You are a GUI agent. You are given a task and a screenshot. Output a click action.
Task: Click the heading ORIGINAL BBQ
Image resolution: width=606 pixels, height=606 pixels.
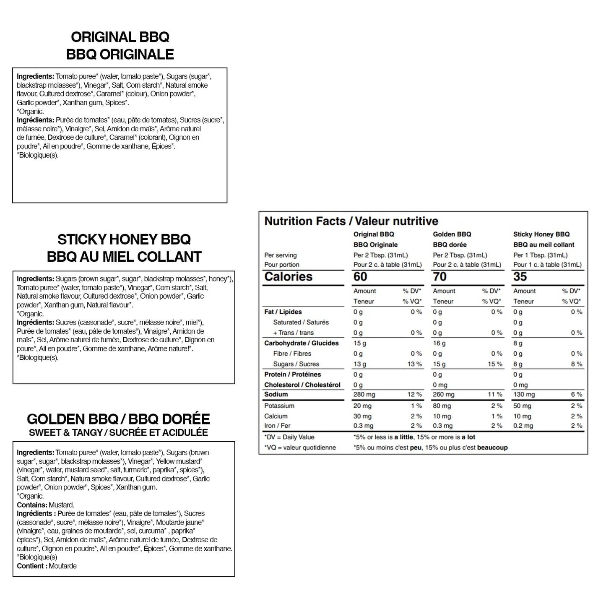pos(120,37)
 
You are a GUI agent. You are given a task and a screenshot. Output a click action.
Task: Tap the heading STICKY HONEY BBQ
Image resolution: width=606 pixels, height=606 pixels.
pos(124,239)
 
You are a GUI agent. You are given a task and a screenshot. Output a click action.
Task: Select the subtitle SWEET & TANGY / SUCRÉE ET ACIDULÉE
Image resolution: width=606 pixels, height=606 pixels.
pos(118,432)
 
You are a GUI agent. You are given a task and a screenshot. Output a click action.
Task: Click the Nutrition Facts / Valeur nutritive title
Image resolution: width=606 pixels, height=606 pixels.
pos(351,221)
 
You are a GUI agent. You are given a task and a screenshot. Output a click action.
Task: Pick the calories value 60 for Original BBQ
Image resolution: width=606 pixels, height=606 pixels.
pos(360,277)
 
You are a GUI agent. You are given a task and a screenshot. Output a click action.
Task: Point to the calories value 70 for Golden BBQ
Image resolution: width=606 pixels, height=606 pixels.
pos(440,277)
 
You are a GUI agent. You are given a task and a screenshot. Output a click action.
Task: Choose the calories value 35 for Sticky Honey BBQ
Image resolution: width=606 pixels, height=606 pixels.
pos(520,277)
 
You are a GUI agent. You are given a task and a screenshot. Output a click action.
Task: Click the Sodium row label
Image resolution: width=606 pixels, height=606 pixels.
pos(276,394)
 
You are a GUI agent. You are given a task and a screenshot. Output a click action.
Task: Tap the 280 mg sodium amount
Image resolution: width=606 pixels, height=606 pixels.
pos(364,395)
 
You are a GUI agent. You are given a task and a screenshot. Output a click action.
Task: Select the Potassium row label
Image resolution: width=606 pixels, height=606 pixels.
pos(279,406)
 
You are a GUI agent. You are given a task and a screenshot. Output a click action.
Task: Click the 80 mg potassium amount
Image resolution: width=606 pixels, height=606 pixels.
pos(442,406)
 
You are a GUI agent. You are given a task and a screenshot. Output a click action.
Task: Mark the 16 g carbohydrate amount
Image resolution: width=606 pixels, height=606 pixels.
pos(439,343)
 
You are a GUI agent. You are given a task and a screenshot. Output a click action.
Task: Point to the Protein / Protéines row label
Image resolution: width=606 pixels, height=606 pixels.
pos(292,374)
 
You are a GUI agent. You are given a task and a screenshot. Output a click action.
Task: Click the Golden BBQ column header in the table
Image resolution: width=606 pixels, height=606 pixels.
pos(452,234)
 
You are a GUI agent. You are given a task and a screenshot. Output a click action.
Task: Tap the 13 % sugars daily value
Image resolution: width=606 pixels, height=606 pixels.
pos(414,364)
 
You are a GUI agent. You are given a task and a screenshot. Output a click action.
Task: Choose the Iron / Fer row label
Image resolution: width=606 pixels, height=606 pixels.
pos(277,426)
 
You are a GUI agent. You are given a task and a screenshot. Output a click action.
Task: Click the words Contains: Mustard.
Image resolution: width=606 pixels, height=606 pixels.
pos(45,505)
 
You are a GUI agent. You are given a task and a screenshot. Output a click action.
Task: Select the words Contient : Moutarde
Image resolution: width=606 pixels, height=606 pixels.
pos(47,566)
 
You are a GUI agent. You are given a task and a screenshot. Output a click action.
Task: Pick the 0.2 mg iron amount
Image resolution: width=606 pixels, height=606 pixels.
pos(523,426)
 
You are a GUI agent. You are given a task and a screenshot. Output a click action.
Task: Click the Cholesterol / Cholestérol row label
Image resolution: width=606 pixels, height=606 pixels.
pos(302,385)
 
